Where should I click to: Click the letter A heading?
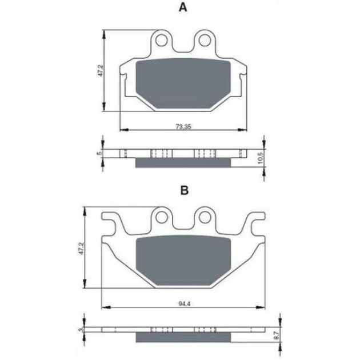pyautogui.click(x=183, y=7)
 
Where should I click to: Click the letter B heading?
pyautogui.click(x=185, y=190)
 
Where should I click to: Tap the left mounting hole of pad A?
pyautogui.click(x=161, y=41)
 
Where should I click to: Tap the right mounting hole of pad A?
pyautogui.click(x=205, y=41)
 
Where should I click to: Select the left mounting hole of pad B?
pyautogui.click(x=161, y=217)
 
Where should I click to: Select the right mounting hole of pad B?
pyautogui.click(x=205, y=217)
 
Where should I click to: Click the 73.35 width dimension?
pyautogui.click(x=183, y=126)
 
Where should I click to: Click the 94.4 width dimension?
pyautogui.click(x=185, y=303)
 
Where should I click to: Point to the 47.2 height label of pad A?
pyautogui.click(x=101, y=70)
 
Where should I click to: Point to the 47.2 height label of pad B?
pyautogui.click(x=82, y=248)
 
